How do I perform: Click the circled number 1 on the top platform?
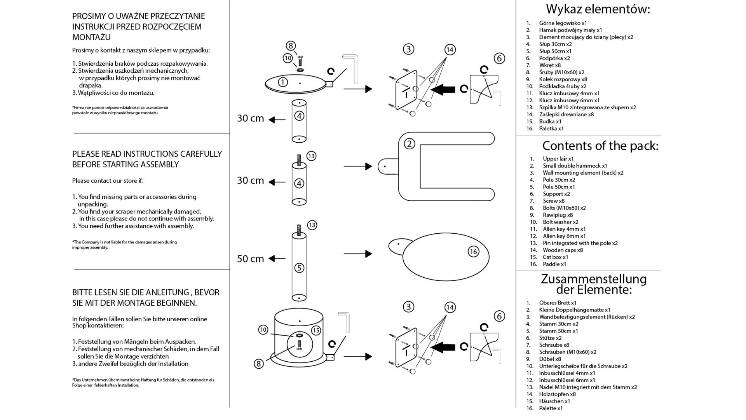click(x=283, y=82)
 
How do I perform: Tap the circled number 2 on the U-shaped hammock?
click(x=409, y=144)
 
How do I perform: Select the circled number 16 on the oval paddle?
click(x=473, y=252)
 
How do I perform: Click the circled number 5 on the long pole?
click(x=299, y=268)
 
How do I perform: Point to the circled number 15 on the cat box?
click(x=316, y=330)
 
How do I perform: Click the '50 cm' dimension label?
click(x=251, y=259)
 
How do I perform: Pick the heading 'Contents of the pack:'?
click(x=600, y=146)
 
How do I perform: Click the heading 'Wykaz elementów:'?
click(x=598, y=9)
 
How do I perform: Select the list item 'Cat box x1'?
click(x=555, y=257)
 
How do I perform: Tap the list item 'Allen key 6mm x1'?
click(x=564, y=236)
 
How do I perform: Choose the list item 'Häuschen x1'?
click(x=554, y=401)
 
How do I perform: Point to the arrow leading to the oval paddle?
click(x=358, y=254)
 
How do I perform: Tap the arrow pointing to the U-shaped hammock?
click(x=358, y=166)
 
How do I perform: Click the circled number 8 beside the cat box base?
click(x=259, y=364)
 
